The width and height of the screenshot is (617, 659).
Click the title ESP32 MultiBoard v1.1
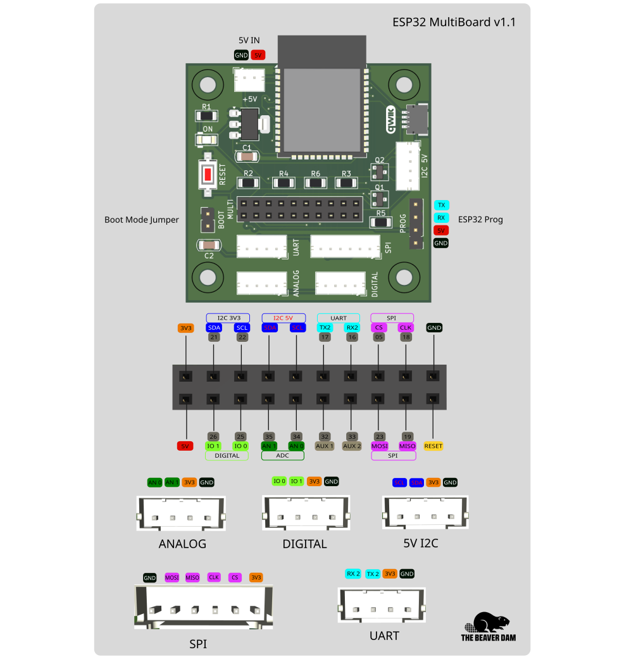[x=454, y=22]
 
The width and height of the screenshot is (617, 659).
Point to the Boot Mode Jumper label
[x=142, y=220]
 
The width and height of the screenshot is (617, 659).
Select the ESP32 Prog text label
[x=480, y=220]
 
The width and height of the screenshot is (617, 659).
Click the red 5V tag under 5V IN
[x=258, y=55]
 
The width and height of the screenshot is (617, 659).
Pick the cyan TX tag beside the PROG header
[x=441, y=205]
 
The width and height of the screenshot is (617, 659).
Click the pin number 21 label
[x=214, y=337]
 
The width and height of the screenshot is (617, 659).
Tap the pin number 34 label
[x=296, y=436]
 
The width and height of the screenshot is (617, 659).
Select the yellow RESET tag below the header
[x=433, y=446]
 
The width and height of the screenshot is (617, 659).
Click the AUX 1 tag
[x=325, y=446]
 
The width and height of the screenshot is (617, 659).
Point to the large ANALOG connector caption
[x=182, y=544]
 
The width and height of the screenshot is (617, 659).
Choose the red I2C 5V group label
[x=283, y=317]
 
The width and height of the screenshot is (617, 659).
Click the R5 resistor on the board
[x=380, y=222]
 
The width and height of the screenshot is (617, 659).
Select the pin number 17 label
[x=325, y=337]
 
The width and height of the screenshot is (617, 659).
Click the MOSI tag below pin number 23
[x=380, y=446]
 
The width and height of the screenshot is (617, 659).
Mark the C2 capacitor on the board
[x=208, y=245]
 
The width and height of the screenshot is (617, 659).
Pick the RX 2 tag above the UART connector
[x=353, y=574]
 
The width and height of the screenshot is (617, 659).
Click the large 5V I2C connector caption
[x=421, y=543]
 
